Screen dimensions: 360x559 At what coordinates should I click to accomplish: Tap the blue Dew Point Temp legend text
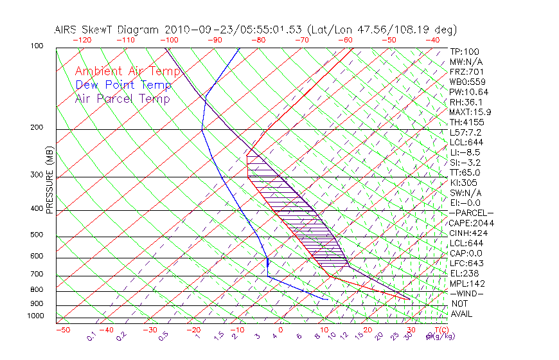(x=123, y=85)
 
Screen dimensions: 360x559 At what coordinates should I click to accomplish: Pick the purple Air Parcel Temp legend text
(x=123, y=99)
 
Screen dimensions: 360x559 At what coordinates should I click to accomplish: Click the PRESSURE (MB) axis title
(x=49, y=180)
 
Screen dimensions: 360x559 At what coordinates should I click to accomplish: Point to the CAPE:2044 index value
(x=470, y=223)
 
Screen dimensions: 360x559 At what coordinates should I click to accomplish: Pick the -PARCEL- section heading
(x=471, y=213)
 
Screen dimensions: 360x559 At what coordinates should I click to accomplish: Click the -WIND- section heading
(x=467, y=294)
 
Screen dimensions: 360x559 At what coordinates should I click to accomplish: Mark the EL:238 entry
(x=464, y=273)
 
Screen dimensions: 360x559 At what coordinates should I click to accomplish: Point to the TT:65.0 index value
(x=465, y=172)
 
